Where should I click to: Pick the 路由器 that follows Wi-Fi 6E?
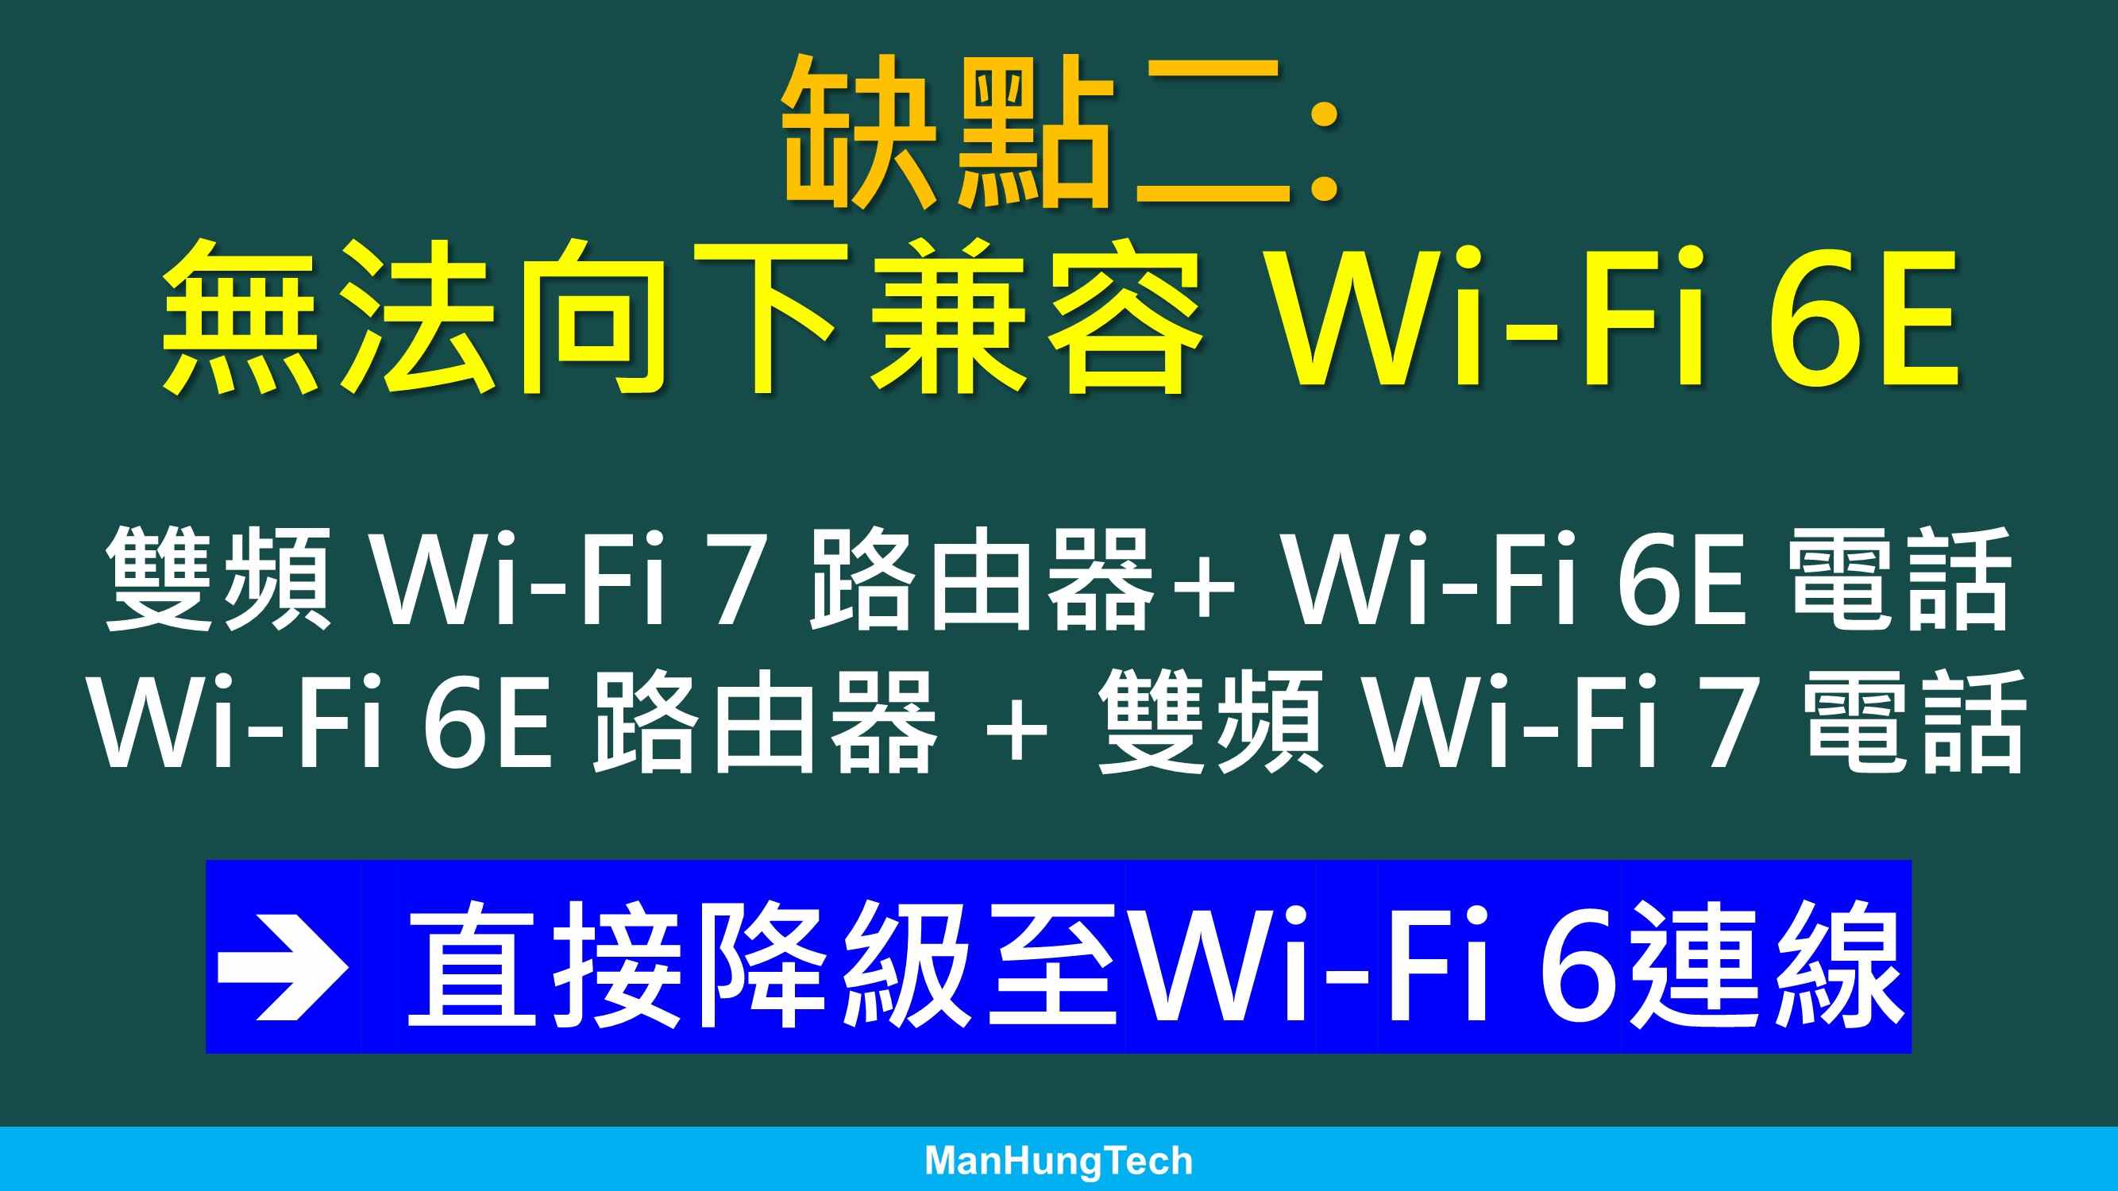765,721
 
